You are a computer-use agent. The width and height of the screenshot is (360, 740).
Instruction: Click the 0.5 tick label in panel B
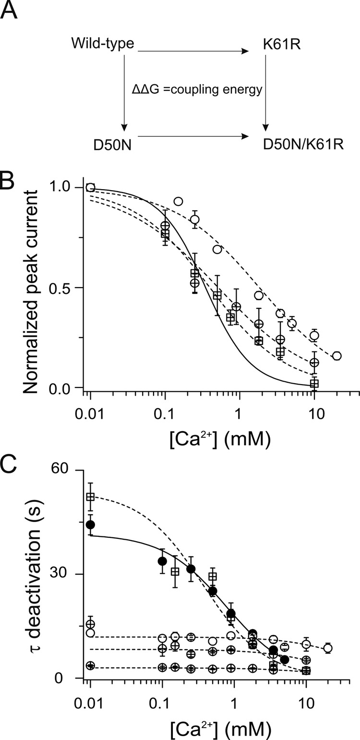click(66, 288)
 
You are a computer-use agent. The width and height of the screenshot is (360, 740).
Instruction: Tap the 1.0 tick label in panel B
click(66, 187)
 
